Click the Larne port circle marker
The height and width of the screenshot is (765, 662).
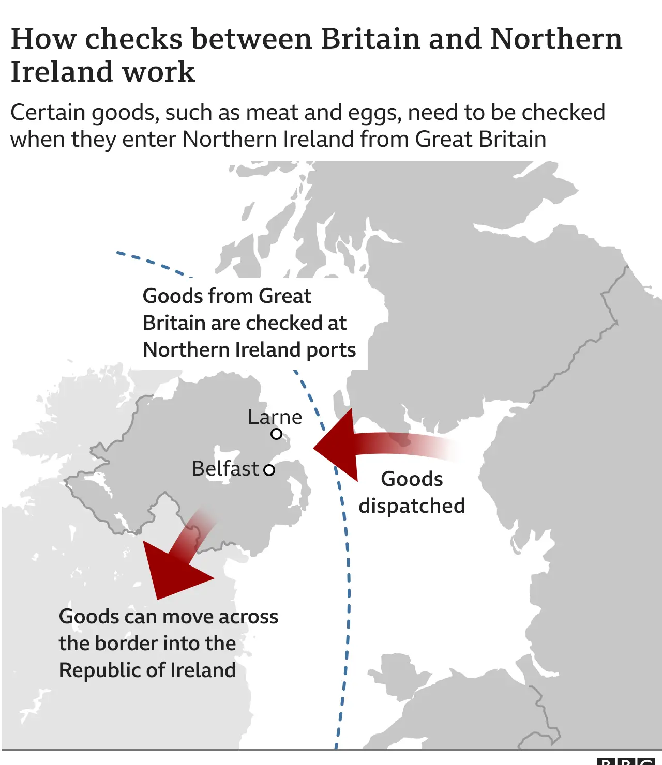click(x=277, y=434)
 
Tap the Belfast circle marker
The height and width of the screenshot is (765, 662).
click(x=269, y=470)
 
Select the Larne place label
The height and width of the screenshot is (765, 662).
click(x=275, y=417)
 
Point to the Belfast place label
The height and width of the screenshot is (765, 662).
click(x=225, y=468)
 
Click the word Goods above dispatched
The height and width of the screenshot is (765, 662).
click(x=412, y=479)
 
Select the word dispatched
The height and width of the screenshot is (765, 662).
click(x=412, y=506)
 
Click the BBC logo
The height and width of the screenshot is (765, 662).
click(x=628, y=761)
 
